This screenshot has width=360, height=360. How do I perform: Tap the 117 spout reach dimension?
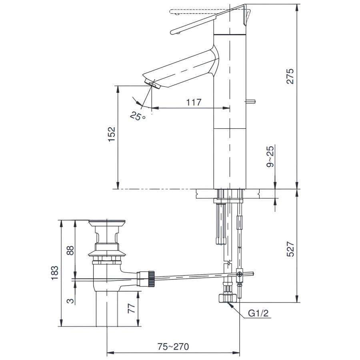pyautogui.click(x=194, y=102)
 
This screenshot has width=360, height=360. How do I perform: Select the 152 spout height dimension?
pyautogui.click(x=112, y=134)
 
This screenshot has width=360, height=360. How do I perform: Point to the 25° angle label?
pyautogui.click(x=138, y=116)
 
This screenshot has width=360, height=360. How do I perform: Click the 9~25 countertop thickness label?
pyautogui.click(x=270, y=156)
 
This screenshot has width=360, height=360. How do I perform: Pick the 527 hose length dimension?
pyautogui.click(x=290, y=249)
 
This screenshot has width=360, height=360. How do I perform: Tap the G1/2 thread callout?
pyautogui.click(x=258, y=313)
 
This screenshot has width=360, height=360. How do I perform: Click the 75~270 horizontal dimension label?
pyautogui.click(x=173, y=346)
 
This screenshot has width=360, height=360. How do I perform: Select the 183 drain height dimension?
pyautogui.click(x=55, y=273)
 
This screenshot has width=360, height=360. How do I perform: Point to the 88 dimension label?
pyautogui.click(x=70, y=250)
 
